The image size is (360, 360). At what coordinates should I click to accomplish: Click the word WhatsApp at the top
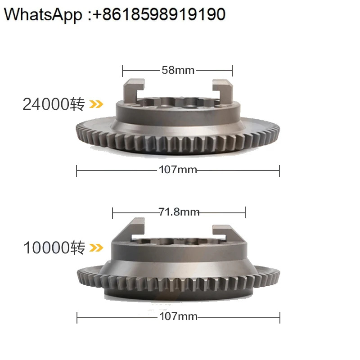coord(43,15)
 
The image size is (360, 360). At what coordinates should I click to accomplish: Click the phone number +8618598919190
coord(159,14)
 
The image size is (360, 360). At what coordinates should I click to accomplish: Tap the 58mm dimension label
coord(178,70)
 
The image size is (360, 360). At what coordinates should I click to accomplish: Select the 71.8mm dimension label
coord(179,212)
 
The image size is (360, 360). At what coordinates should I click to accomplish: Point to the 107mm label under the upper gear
coord(178,170)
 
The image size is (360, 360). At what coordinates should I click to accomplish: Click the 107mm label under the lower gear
coord(178,316)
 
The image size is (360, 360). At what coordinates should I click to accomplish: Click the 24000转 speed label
coord(54,104)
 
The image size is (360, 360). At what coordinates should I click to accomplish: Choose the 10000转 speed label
coord(54,247)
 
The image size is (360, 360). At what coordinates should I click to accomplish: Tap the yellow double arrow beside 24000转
coord(96,104)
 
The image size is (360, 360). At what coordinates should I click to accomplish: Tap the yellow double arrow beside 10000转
coord(96,248)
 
